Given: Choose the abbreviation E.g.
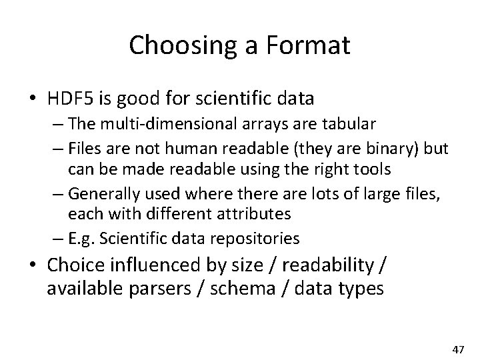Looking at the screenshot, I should click(x=82, y=238).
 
